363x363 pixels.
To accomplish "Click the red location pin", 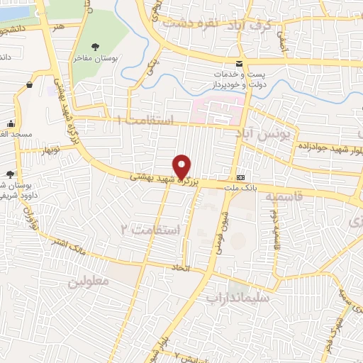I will (x=183, y=166).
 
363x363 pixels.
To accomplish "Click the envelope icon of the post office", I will (x=240, y=63).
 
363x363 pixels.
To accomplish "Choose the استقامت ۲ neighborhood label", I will (x=152, y=228).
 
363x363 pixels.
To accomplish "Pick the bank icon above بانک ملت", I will (x=241, y=177).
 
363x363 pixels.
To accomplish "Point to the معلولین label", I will (x=88, y=281).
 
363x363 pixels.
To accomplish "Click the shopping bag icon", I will (x=30, y=86).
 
